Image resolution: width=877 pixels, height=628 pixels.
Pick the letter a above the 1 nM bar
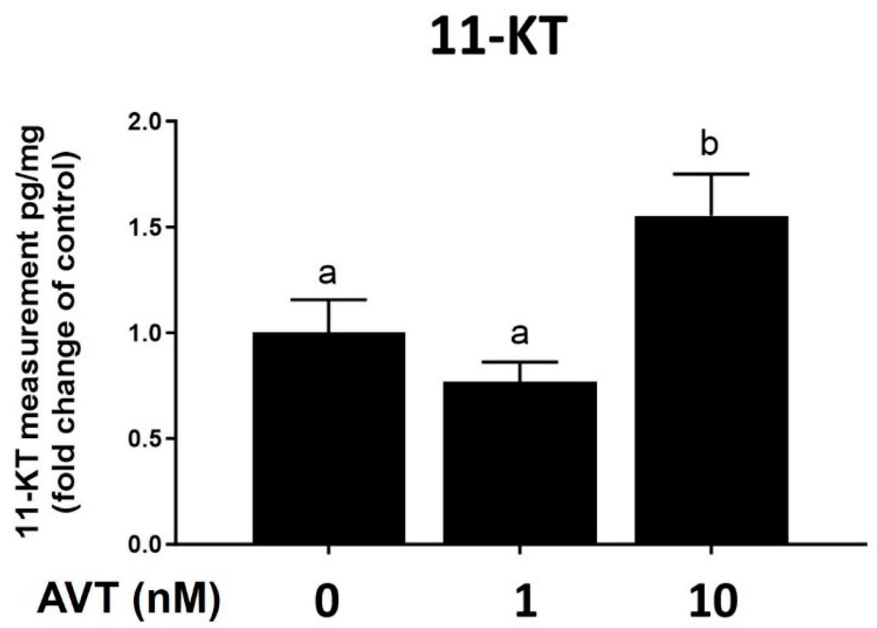[520, 334]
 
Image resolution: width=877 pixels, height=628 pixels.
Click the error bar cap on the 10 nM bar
[711, 173]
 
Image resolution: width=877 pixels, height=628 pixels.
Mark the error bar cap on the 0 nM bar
[329, 300]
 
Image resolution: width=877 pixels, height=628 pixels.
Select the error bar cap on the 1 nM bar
[520, 362]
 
